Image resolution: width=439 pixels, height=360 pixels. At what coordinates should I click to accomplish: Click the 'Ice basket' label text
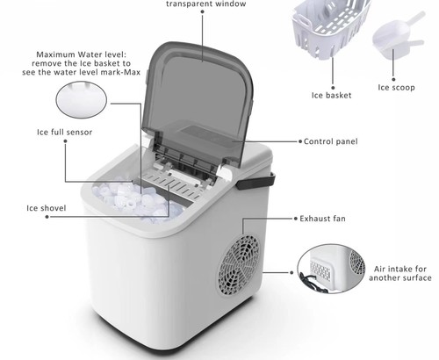click(x=331, y=96)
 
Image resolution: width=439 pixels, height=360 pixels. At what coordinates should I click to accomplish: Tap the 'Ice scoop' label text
click(x=396, y=88)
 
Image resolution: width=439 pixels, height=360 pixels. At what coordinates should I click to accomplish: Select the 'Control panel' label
click(x=331, y=141)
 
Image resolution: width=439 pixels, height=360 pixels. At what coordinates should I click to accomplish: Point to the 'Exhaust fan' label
click(x=322, y=219)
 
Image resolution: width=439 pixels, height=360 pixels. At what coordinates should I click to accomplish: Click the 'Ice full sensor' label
click(x=65, y=133)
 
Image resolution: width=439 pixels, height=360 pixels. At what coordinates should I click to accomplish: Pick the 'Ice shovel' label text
click(x=47, y=208)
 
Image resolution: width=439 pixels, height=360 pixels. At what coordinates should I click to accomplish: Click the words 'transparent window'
click(x=206, y=4)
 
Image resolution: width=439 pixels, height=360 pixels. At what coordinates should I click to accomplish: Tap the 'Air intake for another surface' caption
click(x=400, y=273)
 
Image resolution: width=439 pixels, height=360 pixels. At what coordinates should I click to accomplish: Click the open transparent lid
click(x=199, y=105)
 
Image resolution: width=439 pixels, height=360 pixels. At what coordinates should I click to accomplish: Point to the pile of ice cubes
click(x=138, y=200)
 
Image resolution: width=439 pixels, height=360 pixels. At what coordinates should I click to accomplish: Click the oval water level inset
click(x=82, y=100)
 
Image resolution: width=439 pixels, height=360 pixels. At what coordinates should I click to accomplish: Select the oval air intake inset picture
click(x=331, y=269)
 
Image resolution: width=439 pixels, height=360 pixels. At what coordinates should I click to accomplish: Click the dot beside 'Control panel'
click(x=300, y=141)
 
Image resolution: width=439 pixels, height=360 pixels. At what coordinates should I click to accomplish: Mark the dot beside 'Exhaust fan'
click(x=296, y=219)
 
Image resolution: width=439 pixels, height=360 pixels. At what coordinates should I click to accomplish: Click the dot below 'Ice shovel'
click(x=47, y=217)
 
